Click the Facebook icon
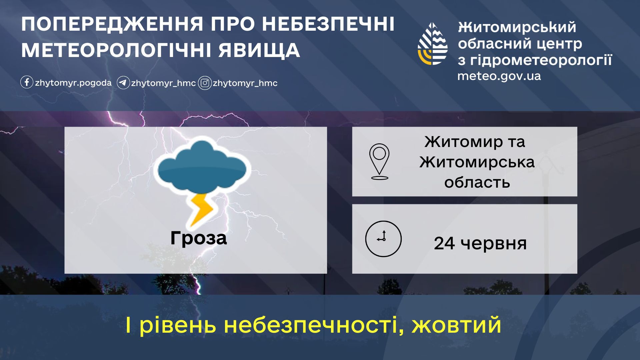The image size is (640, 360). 27,82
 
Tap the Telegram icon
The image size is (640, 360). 123,83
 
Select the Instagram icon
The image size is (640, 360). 205,83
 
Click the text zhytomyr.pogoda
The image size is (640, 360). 73,83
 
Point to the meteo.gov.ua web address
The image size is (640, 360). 499,76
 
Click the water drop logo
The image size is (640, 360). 433,44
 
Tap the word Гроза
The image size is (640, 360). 199,238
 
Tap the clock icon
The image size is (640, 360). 383,239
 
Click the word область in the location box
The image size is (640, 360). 477,182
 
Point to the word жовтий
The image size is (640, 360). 456,325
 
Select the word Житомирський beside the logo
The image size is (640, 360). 517,27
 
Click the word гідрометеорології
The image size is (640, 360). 541,60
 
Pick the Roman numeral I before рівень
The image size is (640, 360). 128,325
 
